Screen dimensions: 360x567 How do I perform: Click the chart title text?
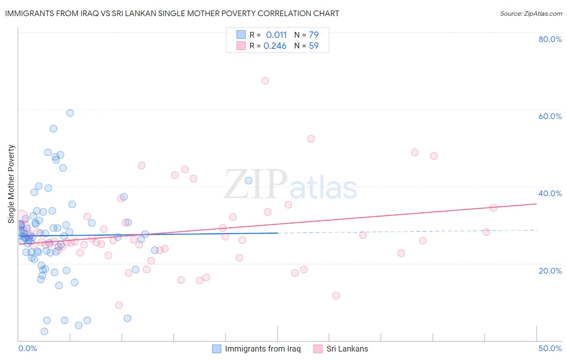[x=172, y=13]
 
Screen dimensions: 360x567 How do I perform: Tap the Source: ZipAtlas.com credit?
[x=531, y=13]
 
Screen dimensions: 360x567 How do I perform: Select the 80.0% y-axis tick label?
[x=550, y=39]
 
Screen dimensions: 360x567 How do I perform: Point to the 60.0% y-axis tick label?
[x=550, y=116]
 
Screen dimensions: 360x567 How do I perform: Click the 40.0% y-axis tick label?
[x=550, y=193]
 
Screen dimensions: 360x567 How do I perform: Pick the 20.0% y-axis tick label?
[x=550, y=270]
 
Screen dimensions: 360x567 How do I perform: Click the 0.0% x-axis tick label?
[x=27, y=348]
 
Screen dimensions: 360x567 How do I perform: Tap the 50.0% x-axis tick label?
[x=550, y=348]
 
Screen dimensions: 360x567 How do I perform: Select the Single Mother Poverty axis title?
[x=11, y=184]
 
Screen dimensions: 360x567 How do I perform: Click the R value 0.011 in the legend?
[x=276, y=35]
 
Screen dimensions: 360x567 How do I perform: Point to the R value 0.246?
[x=275, y=46]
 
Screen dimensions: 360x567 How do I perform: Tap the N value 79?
[x=314, y=35]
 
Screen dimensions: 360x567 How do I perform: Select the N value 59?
[x=314, y=46]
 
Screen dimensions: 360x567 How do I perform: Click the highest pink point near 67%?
[x=265, y=81]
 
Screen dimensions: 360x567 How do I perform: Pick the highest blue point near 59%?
[x=70, y=113]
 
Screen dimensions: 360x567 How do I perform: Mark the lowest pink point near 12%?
[x=336, y=295]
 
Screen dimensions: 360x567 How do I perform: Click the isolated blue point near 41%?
[x=248, y=180]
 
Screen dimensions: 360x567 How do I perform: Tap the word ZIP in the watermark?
[x=256, y=185]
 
